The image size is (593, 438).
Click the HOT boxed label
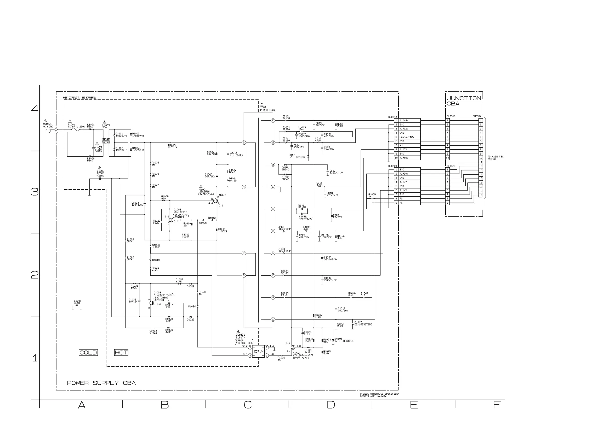point(121,352)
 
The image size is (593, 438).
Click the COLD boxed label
point(88,352)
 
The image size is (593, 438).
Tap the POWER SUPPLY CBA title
point(101,383)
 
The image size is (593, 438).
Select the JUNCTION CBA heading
point(463,101)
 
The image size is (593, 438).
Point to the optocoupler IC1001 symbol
point(258,351)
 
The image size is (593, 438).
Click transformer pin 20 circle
point(273,120)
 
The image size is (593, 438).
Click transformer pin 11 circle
point(273,319)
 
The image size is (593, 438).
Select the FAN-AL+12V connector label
point(407,137)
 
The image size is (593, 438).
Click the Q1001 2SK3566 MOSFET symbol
point(215,201)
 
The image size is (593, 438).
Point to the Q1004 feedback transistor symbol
point(293,347)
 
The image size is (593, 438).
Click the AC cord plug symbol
point(49,131)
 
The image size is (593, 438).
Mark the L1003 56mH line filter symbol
point(106,140)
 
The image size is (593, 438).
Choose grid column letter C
point(248,405)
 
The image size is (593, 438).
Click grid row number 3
point(35,192)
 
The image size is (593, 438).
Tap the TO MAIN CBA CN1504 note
point(495,158)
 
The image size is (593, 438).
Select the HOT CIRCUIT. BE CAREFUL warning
point(80,98)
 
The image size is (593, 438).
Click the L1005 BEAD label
point(78,302)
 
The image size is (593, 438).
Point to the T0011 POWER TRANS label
point(268,109)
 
